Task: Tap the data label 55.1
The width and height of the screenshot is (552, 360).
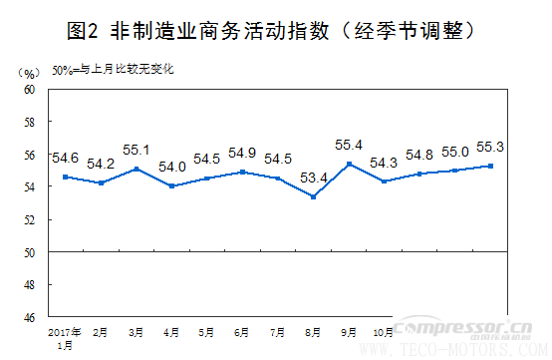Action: (x=136, y=151)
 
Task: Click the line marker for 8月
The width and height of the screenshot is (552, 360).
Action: (x=314, y=196)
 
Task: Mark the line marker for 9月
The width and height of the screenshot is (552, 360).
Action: (x=349, y=164)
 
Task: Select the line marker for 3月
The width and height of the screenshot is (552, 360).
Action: (x=137, y=169)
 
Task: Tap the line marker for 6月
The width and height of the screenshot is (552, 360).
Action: (x=243, y=172)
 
